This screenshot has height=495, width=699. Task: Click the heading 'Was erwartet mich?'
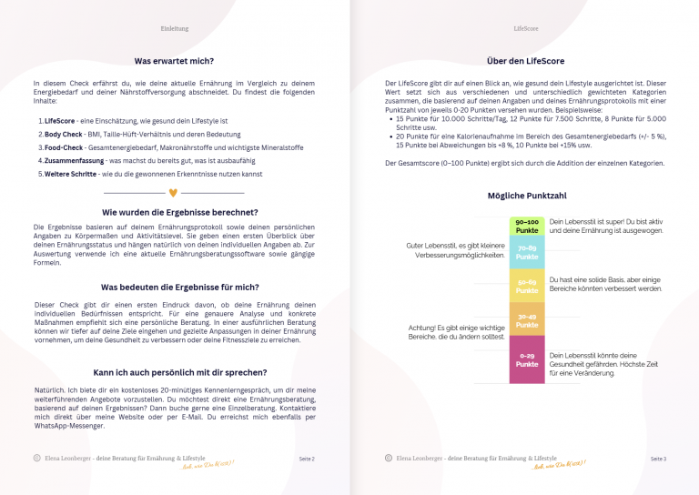coord(174,61)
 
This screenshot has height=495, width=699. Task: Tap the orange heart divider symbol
coord(174,193)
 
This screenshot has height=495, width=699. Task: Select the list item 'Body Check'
coord(65,134)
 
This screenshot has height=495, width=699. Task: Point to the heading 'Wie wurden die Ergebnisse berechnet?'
coord(174,212)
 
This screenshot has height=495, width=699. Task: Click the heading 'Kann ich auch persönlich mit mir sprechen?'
coord(174,372)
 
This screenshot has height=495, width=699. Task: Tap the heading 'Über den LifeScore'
coord(526,61)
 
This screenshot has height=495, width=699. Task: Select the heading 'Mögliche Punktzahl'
coord(526,196)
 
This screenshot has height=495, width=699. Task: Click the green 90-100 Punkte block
coord(527,226)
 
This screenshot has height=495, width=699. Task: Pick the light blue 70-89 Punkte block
coord(527,252)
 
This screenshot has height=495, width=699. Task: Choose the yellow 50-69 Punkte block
coord(527,286)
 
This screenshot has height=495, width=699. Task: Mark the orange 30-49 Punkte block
coord(527,320)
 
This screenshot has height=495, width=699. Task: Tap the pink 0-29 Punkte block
coord(527,359)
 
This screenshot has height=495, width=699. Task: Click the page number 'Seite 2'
coord(307,460)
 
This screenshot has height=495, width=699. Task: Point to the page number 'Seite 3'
coord(658,460)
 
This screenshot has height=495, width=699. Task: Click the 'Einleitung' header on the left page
coord(174,29)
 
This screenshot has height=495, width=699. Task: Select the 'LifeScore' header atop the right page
coord(526,29)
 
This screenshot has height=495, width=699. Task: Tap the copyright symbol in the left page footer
coord(36,459)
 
